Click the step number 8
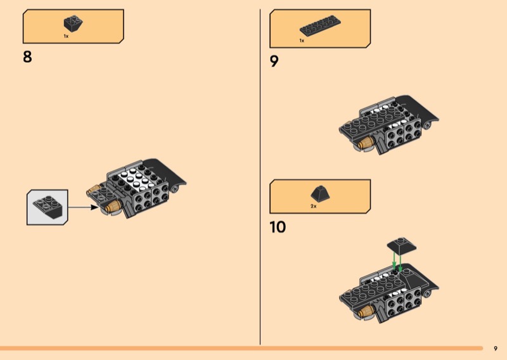[x=27, y=57]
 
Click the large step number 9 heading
[x=274, y=61]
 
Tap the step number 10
[x=278, y=227]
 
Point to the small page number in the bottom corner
[x=496, y=348]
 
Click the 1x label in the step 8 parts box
[x=66, y=37]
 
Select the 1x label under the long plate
[x=302, y=41]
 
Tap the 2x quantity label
[x=313, y=207]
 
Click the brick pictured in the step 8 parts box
[x=73, y=24]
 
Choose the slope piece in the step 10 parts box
[x=318, y=193]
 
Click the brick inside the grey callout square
[x=47, y=206]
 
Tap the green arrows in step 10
[x=397, y=260]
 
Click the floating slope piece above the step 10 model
[x=399, y=243]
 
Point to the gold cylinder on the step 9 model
[x=365, y=145]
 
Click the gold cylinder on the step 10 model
[x=365, y=312]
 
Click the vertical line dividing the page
[x=260, y=177]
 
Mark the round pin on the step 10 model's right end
[x=432, y=292]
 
